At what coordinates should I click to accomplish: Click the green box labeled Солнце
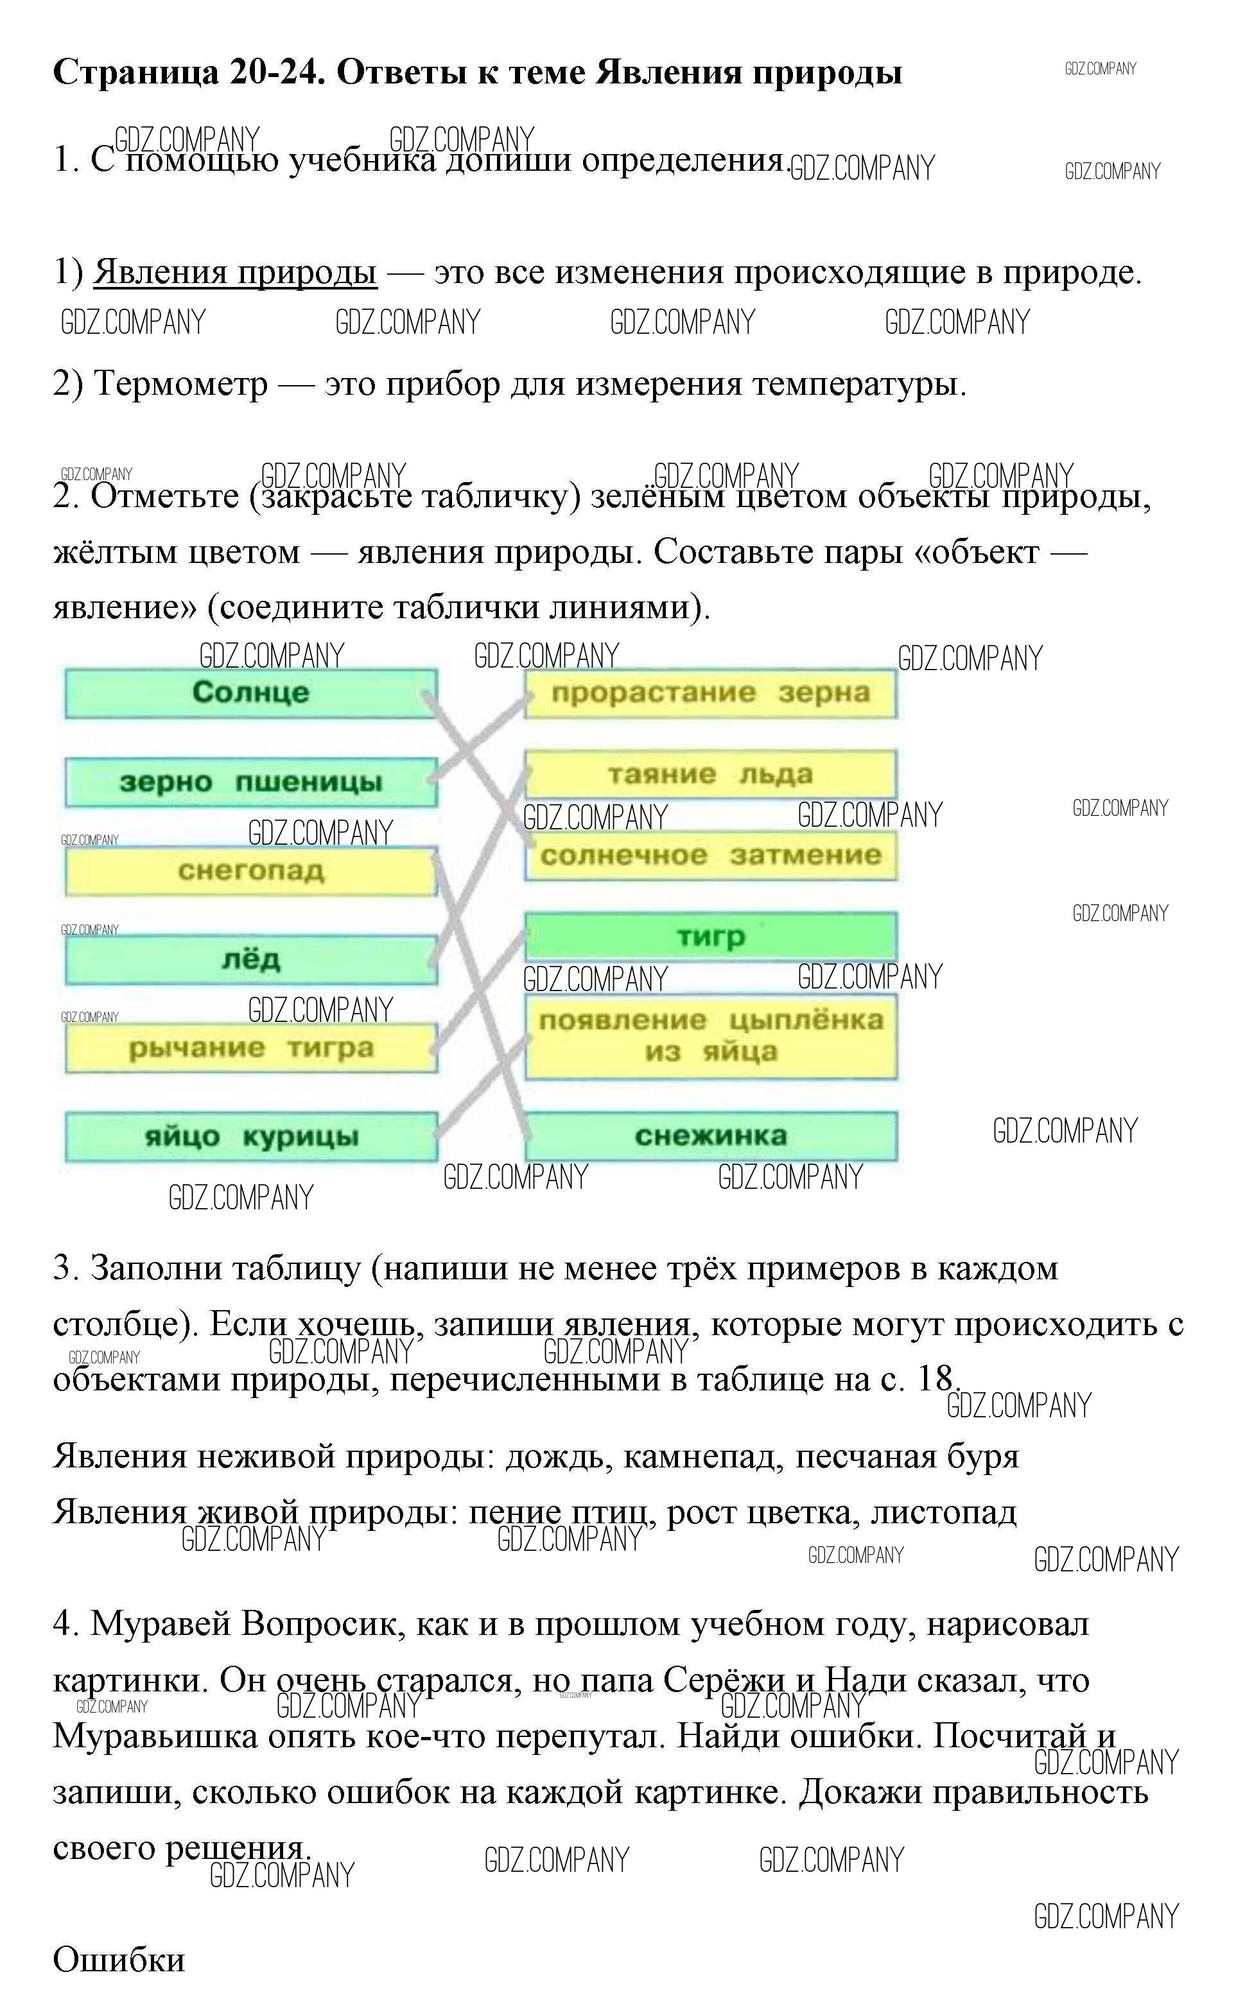point(250,693)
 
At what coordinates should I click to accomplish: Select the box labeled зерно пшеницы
point(250,782)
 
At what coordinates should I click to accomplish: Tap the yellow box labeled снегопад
point(250,870)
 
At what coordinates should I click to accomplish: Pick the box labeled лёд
point(250,960)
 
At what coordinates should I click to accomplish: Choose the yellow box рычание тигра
point(250,1048)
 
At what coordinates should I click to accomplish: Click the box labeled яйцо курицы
point(250,1137)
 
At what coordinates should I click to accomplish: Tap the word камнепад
point(699,1456)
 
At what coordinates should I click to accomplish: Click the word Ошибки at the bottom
point(119,1960)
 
